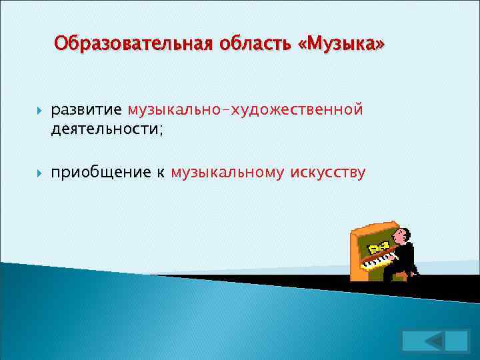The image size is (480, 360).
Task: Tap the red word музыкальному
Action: click(x=227, y=173)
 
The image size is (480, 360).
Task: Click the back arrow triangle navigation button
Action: click(x=435, y=341)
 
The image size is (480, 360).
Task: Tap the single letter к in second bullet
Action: click(x=161, y=173)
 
